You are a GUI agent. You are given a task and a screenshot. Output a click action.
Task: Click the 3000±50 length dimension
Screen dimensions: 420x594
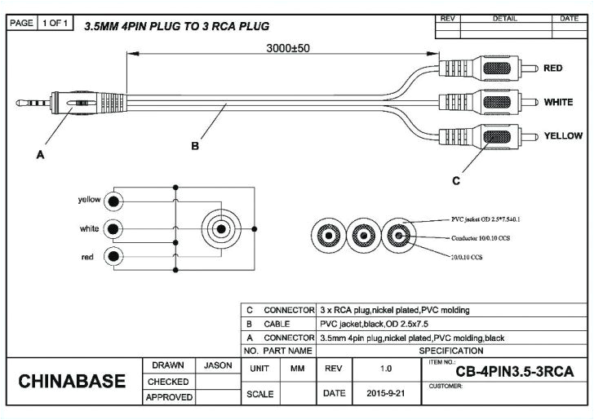click(288, 48)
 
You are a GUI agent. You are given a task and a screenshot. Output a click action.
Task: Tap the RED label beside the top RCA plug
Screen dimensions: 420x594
click(552, 69)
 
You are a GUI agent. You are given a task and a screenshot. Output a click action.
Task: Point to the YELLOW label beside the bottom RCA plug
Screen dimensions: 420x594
click(563, 135)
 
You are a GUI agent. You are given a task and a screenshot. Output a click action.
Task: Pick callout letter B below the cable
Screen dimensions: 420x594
click(195, 147)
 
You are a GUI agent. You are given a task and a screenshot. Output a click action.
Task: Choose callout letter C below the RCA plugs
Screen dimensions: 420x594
click(455, 180)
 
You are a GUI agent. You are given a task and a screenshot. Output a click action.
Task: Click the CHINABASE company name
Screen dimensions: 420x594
click(72, 381)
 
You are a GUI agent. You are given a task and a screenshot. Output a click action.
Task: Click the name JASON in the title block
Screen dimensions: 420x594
click(218, 365)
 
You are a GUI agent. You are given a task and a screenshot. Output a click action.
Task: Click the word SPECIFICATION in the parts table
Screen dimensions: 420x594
click(450, 351)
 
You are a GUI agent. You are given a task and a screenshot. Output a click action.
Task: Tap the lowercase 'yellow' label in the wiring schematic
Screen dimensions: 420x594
click(89, 200)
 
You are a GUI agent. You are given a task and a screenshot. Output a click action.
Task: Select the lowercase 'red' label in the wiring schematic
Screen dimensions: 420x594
click(86, 257)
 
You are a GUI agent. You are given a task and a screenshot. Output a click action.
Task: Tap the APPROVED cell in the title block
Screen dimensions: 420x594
click(169, 397)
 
